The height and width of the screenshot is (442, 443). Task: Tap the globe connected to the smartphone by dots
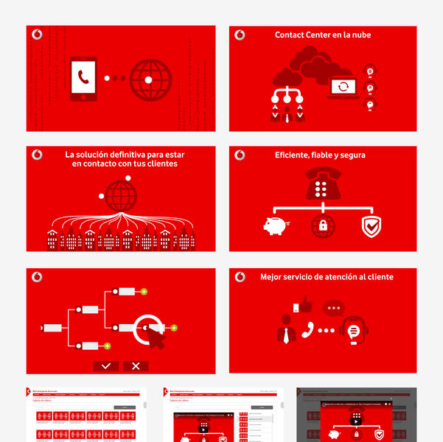150,79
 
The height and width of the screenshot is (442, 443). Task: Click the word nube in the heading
360,35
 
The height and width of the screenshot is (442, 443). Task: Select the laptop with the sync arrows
343,87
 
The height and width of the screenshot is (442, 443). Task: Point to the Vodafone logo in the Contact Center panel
240,35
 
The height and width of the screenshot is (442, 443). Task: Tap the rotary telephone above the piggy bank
322,185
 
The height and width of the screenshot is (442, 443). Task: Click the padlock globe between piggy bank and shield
322,226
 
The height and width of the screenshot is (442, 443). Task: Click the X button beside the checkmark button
136,365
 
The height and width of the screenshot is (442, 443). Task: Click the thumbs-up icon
304,304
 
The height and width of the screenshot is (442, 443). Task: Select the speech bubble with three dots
335,309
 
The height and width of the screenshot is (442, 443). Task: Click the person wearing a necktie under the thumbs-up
286,330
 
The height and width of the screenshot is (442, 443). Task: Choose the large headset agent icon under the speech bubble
354,331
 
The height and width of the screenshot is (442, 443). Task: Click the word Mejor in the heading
271,277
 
